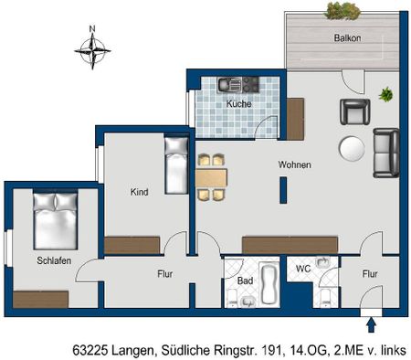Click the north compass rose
click(91, 50)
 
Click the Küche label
click(238, 104)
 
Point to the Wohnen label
click(294, 165)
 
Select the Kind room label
click(139, 192)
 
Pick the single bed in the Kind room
click(175, 159)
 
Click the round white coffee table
click(352, 148)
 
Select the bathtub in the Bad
click(269, 284)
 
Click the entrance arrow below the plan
click(371, 324)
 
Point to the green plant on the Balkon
click(342, 11)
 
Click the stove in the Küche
click(246, 84)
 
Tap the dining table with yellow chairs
click(211, 176)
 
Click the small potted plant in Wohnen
click(385, 93)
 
